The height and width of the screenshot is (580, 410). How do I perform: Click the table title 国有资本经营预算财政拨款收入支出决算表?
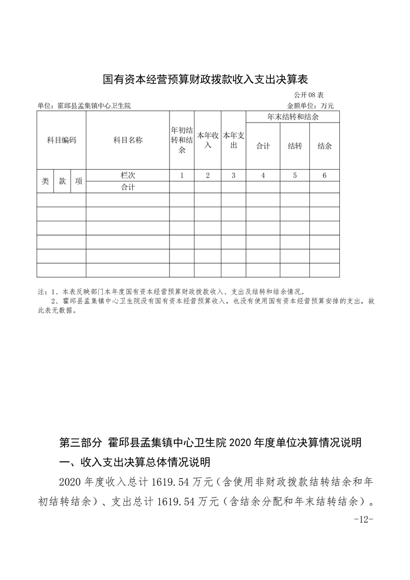(205, 80)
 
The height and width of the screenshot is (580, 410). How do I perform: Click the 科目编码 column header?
(62, 140)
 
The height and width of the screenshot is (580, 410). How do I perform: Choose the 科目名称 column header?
(128, 140)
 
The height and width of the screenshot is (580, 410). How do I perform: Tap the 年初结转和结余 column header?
(182, 140)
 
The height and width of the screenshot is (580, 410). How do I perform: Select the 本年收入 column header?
(207, 140)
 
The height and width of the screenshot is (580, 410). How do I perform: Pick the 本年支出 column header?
(233, 140)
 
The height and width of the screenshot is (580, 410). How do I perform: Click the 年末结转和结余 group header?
(293, 117)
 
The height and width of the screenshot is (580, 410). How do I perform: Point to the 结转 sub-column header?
(295, 146)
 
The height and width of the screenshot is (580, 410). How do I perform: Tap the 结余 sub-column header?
(325, 146)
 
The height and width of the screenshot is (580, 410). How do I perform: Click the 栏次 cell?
(128, 175)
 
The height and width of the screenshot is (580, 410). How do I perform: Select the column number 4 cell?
(263, 175)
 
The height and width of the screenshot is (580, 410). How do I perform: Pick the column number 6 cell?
(325, 175)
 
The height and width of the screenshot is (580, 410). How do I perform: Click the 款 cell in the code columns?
(62, 181)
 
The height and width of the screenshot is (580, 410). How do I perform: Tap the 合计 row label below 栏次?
(128, 187)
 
